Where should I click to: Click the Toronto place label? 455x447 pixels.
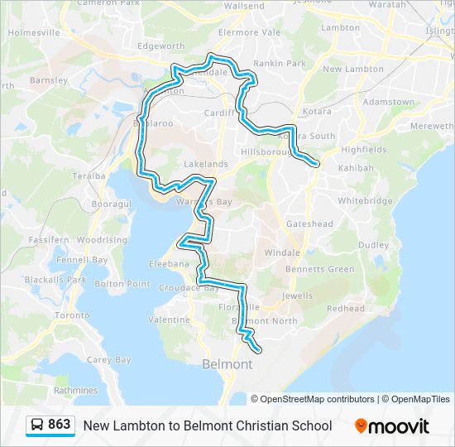coord(71,315)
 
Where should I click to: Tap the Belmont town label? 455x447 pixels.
coord(227,364)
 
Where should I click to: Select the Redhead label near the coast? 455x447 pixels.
coord(345,309)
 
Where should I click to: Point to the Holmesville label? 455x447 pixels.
coord(34,33)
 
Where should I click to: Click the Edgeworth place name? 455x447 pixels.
coord(160,46)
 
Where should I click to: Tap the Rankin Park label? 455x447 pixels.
coord(280,63)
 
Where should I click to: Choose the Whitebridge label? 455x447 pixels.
coord(365,201)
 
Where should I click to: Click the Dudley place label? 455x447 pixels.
coord(373,245)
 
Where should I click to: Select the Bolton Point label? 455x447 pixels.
coord(122,284)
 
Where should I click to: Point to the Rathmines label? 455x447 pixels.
coord(75,391)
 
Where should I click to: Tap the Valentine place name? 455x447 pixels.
coord(169,320)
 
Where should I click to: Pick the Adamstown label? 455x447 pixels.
coord(390,102)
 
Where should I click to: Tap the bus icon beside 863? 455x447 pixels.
coord(37,425)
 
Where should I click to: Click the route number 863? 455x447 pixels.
coord(60,425)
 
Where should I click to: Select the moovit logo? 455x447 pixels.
coord(392,426)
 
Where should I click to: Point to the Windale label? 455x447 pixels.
coord(282,252)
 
